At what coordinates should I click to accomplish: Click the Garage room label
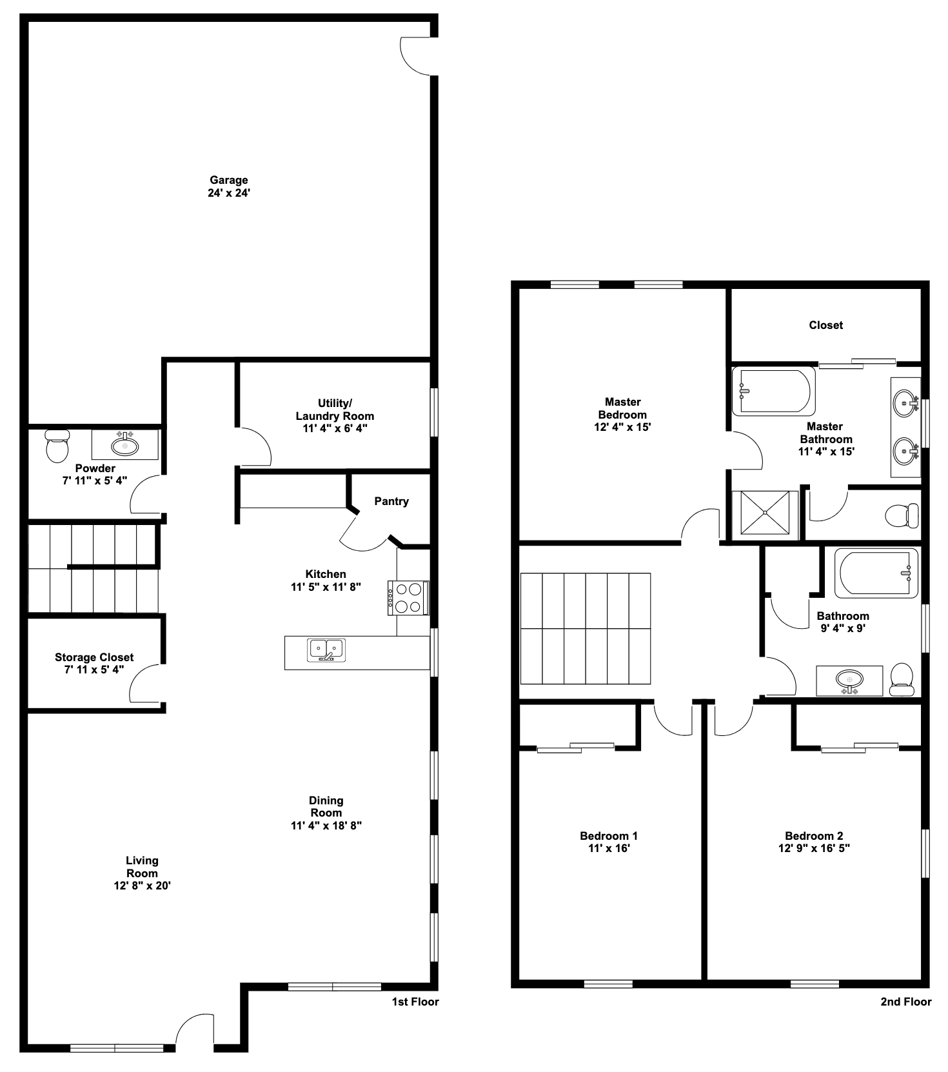click(x=229, y=181)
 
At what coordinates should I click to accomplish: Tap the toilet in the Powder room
click(x=57, y=446)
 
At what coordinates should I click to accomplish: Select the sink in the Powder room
click(x=124, y=445)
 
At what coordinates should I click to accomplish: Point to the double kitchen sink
click(x=327, y=650)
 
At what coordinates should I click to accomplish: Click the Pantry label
click(x=391, y=501)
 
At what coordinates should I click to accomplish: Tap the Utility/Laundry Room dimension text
click(x=335, y=428)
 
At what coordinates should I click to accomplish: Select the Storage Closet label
click(x=94, y=657)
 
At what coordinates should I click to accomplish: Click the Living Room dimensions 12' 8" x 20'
click(x=142, y=886)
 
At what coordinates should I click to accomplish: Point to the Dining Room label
click(x=326, y=807)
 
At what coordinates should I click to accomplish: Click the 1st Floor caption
click(x=415, y=1002)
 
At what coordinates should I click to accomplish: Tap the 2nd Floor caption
click(x=905, y=1002)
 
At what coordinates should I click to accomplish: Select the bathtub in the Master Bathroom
click(x=774, y=391)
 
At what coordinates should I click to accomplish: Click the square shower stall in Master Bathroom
click(x=765, y=513)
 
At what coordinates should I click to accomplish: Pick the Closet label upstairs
click(x=825, y=325)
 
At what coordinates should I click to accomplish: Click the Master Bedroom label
click(x=622, y=408)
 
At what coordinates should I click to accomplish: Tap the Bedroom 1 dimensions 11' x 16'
click(x=608, y=848)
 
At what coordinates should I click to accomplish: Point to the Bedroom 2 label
click(x=814, y=836)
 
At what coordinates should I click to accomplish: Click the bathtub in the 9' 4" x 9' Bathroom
click(x=876, y=573)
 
